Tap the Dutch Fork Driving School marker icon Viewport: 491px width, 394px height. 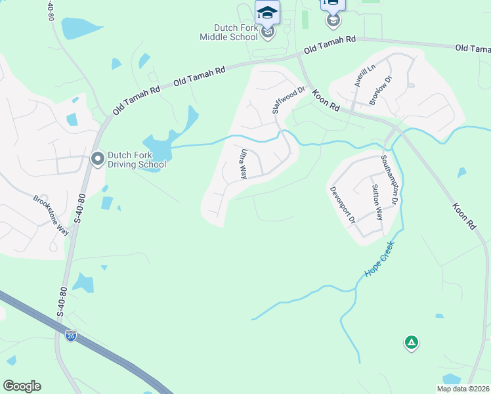tap(98, 159)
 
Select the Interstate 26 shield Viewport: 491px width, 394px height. tap(70, 336)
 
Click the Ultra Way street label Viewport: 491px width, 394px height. tap(243, 164)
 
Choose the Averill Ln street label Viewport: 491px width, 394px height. tap(364, 78)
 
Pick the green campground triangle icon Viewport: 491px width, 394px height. tap(412, 342)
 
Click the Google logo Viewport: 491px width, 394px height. tap(22, 386)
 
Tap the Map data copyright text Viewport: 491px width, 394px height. tap(463, 389)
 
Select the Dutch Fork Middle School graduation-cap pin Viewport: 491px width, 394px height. tap(267, 12)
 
